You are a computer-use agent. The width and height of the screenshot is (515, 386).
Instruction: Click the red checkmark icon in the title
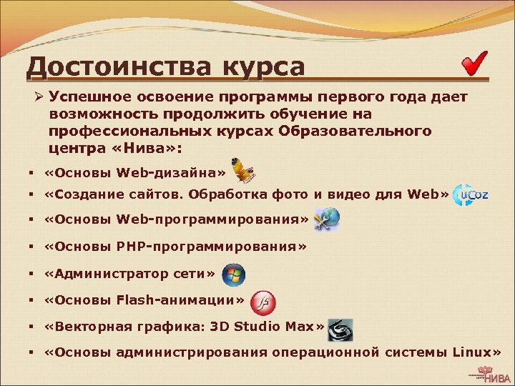tap(474, 64)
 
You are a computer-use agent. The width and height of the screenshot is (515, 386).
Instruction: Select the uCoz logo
tap(471, 194)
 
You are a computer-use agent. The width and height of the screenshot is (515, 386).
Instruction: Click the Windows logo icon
tap(233, 274)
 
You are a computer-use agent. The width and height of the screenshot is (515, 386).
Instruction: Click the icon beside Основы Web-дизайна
tap(243, 169)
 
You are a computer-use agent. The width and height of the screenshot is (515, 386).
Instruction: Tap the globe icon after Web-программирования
tap(328, 220)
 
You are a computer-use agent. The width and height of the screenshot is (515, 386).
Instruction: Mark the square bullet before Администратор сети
tap(34, 274)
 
